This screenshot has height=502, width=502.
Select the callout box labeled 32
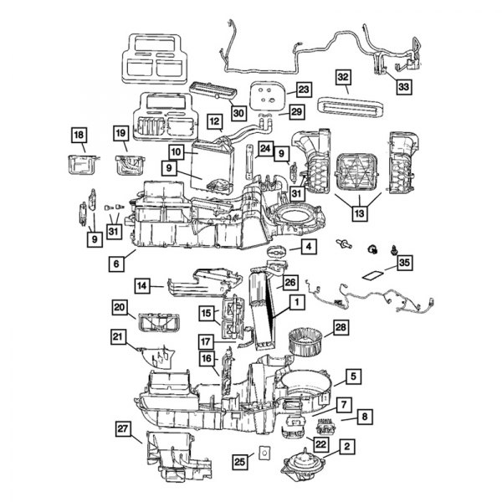343,78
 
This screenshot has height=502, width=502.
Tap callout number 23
302,89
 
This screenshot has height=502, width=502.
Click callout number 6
115,263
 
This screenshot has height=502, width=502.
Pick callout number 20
120,308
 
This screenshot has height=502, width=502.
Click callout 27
125,429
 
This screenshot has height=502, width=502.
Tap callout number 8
366,416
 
